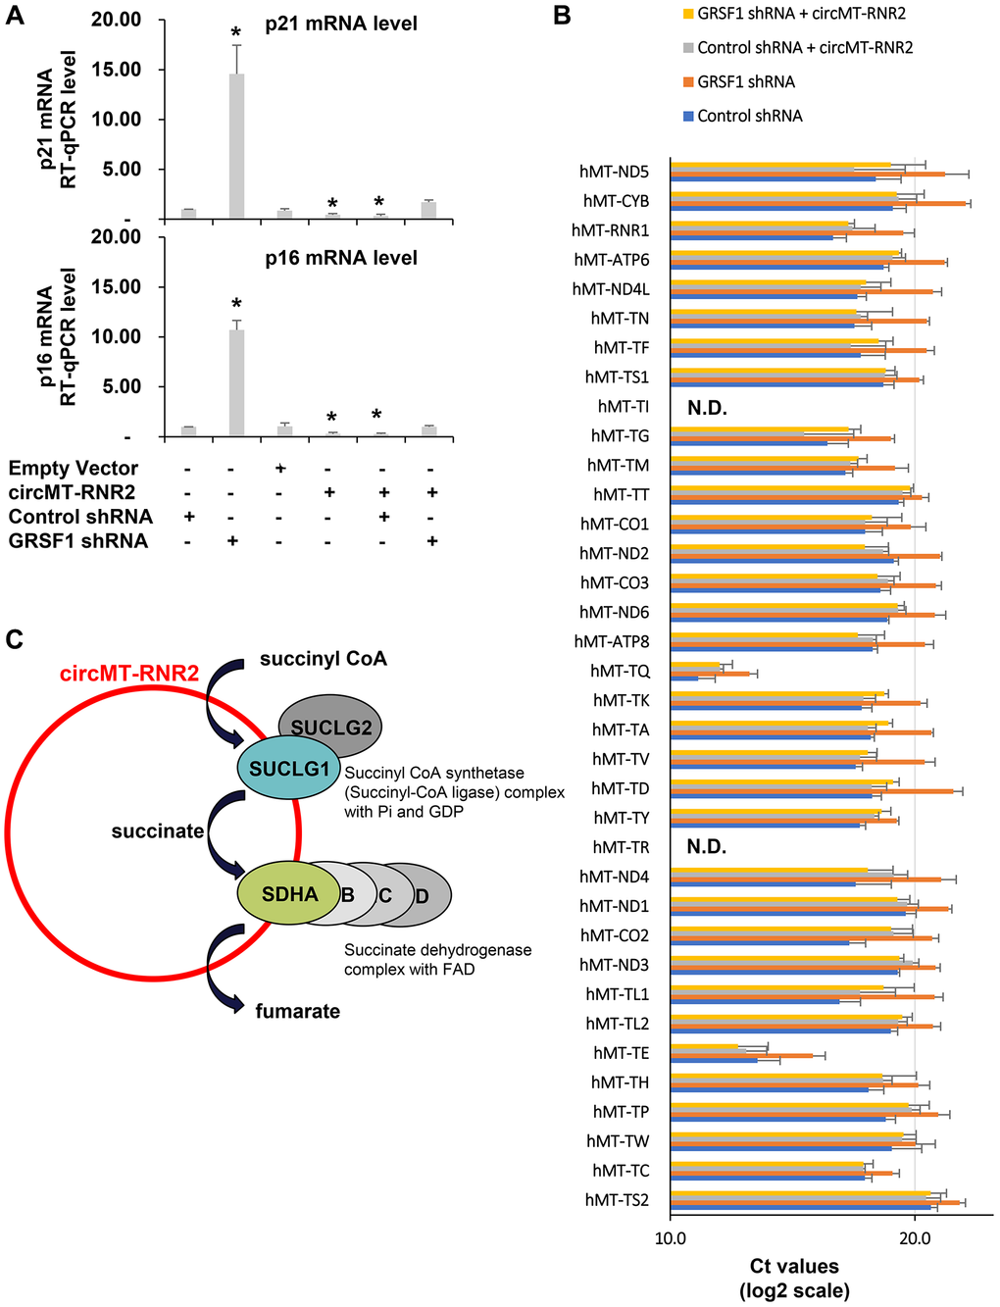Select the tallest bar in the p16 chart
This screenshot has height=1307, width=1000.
pos(236,382)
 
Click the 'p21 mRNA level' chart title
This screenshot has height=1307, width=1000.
pos(341,24)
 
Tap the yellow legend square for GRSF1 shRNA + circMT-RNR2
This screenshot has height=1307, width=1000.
pos(688,14)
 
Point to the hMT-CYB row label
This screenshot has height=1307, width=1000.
pos(616,201)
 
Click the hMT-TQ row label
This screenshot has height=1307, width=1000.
pos(620,671)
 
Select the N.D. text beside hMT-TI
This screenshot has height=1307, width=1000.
pos(707,408)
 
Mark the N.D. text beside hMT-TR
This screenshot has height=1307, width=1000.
pos(707,847)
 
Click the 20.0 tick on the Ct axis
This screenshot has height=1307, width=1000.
pos(915,1238)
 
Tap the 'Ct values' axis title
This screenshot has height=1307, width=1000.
pos(794,1267)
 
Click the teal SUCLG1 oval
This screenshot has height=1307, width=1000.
pos(288,769)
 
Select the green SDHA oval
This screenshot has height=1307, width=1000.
pos(289,894)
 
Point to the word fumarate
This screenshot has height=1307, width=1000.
pos(297,1011)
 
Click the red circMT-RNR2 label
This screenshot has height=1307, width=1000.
pos(129,674)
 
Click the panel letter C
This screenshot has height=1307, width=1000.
pos(14,639)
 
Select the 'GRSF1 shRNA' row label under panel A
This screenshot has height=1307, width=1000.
pos(78,541)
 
